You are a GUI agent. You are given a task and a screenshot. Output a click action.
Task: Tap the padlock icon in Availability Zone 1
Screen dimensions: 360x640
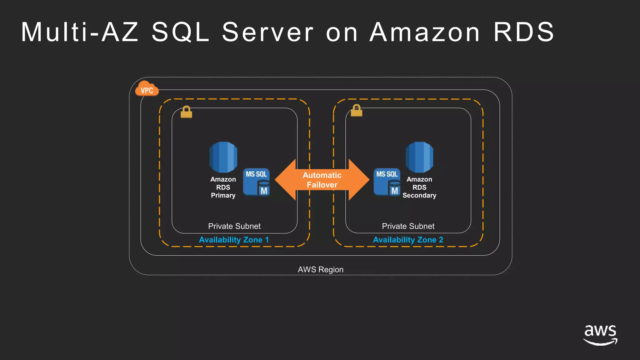pos(186,112)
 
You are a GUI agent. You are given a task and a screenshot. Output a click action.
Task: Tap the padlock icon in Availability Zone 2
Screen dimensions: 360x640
pos(356,111)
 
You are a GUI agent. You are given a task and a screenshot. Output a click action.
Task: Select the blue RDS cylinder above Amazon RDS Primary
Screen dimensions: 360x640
pos(223,157)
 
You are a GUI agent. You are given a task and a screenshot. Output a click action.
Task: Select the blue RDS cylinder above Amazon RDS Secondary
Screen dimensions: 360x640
pos(419,157)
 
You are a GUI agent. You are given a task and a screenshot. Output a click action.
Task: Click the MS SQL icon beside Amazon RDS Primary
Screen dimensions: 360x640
pos(256,182)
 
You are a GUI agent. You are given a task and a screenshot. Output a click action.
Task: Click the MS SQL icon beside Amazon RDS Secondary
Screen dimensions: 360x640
pos(387,182)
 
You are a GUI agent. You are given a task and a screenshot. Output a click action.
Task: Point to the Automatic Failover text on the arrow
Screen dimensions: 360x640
pos(322,180)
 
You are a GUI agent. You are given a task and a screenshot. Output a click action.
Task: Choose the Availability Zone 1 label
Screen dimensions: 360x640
pos(234,240)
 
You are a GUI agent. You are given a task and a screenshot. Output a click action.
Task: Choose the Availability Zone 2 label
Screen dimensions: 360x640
pos(408,240)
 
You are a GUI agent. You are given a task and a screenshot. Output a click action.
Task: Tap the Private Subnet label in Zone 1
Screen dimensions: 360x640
pos(234,226)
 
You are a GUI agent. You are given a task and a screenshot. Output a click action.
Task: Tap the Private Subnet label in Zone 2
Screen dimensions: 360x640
pos(408,226)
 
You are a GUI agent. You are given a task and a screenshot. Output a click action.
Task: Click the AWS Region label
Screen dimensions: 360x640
pos(320,269)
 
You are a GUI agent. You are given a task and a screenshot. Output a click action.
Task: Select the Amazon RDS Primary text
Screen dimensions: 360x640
pos(223,187)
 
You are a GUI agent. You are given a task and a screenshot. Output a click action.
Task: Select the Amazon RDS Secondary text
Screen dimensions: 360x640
pos(419,187)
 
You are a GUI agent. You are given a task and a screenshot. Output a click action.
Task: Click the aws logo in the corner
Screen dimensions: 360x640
pos(600,334)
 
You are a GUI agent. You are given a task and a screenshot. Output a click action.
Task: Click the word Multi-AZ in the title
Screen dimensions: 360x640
pos(80,32)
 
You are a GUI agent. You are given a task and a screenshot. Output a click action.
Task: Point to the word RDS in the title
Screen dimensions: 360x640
pos(524,32)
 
